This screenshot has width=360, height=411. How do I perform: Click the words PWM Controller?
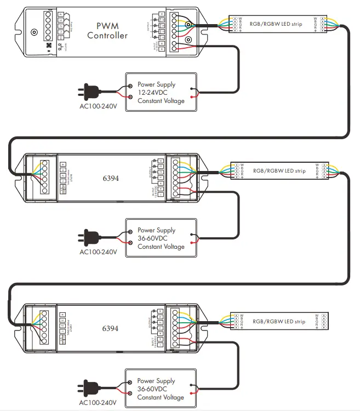click(107, 31)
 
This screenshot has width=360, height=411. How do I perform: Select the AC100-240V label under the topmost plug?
click(98, 106)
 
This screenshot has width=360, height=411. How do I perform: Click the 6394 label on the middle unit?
click(111, 179)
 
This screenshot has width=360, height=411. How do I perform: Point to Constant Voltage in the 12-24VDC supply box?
click(161, 101)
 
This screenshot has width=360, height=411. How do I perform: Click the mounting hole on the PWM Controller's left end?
click(34, 32)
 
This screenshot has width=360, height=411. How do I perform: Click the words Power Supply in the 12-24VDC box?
click(157, 84)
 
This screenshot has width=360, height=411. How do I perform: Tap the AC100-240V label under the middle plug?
click(98, 252)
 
